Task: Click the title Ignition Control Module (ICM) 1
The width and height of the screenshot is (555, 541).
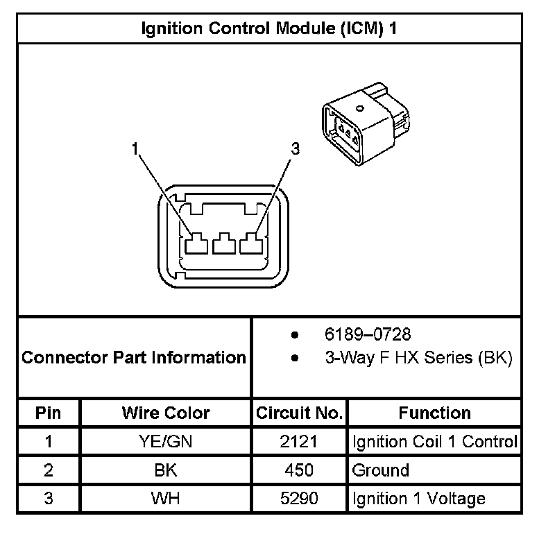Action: tap(269, 28)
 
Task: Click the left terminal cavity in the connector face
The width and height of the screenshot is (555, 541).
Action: tap(196, 244)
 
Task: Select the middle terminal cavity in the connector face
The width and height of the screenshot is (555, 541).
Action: tap(223, 244)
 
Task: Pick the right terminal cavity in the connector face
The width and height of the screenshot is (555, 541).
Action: tap(250, 244)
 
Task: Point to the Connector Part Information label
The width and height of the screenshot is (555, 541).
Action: tap(134, 358)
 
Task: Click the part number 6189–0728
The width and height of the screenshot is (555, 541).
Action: tap(368, 334)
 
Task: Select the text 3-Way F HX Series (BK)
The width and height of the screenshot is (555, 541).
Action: tap(418, 358)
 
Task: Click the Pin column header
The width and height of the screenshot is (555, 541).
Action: tap(49, 413)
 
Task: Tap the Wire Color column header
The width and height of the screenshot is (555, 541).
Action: tap(165, 413)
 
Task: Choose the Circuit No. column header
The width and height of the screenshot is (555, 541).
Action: tap(299, 413)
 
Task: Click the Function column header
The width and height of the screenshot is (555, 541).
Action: tap(434, 413)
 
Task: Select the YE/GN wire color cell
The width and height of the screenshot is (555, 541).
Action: tap(165, 442)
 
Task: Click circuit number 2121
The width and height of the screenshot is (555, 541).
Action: tap(299, 442)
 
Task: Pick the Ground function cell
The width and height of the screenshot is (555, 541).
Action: tap(381, 470)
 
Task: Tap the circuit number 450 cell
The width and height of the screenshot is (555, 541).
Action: tap(299, 470)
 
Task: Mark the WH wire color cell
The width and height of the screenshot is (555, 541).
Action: tap(165, 499)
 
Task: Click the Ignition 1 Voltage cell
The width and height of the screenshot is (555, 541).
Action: tap(419, 499)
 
